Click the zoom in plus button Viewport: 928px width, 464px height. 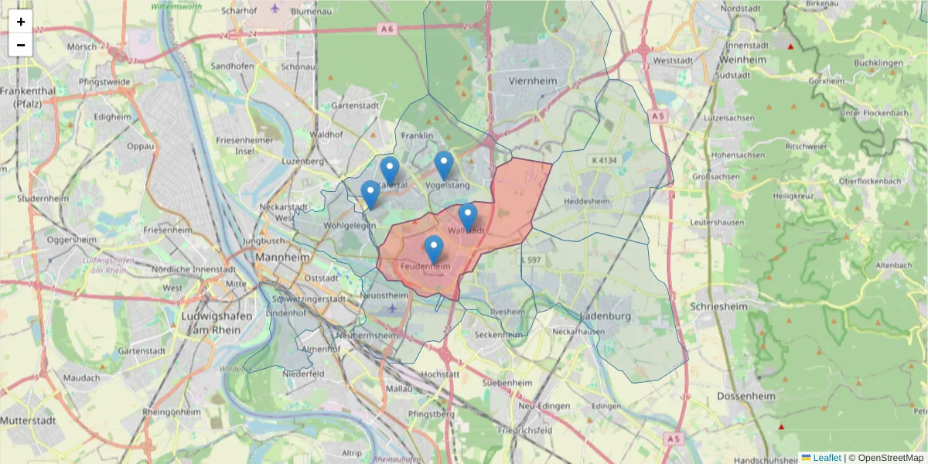click(x=21, y=22)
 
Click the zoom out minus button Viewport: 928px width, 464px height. click(x=21, y=45)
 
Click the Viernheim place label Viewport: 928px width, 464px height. click(x=534, y=80)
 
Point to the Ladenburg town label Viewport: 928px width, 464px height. click(x=606, y=316)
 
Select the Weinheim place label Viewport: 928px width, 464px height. click(x=742, y=60)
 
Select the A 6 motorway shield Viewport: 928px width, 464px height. click(x=387, y=28)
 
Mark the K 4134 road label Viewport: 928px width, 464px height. click(x=604, y=160)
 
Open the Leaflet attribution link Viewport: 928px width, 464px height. click(x=827, y=458)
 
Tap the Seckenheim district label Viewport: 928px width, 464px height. click(x=499, y=335)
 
